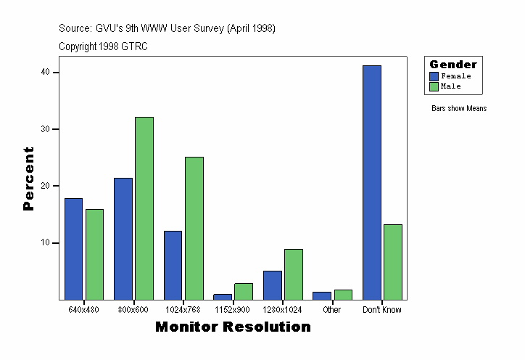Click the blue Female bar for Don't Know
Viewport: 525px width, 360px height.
click(372, 182)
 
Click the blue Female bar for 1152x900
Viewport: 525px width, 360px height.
click(223, 296)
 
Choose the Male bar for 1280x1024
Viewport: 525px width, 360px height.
click(294, 274)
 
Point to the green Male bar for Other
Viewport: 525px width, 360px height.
click(343, 294)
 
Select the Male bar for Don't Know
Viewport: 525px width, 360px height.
click(392, 261)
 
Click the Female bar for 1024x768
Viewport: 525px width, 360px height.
click(173, 265)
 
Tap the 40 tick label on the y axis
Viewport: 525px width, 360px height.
click(45, 72)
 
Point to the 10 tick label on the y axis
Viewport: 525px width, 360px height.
click(45, 242)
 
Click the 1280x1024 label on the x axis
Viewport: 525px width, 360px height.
click(283, 310)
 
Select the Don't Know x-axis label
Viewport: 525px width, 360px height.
click(382, 310)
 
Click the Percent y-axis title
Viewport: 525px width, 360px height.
click(29, 179)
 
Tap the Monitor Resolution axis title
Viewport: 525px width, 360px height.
click(233, 327)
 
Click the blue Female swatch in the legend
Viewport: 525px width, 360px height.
click(434, 76)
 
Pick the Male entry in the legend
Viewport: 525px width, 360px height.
click(450, 86)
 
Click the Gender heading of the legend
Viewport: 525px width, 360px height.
click(453, 65)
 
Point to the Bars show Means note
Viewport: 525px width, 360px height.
click(459, 108)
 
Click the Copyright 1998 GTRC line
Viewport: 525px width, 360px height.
click(103, 46)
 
